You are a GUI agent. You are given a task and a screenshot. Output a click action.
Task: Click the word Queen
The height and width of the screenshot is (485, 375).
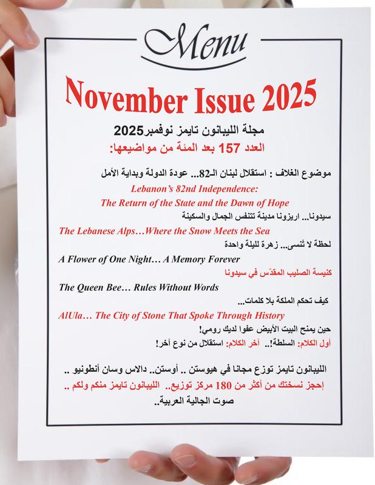click(x=92, y=287)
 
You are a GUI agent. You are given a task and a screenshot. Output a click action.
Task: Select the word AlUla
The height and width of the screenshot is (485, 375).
click(x=73, y=315)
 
